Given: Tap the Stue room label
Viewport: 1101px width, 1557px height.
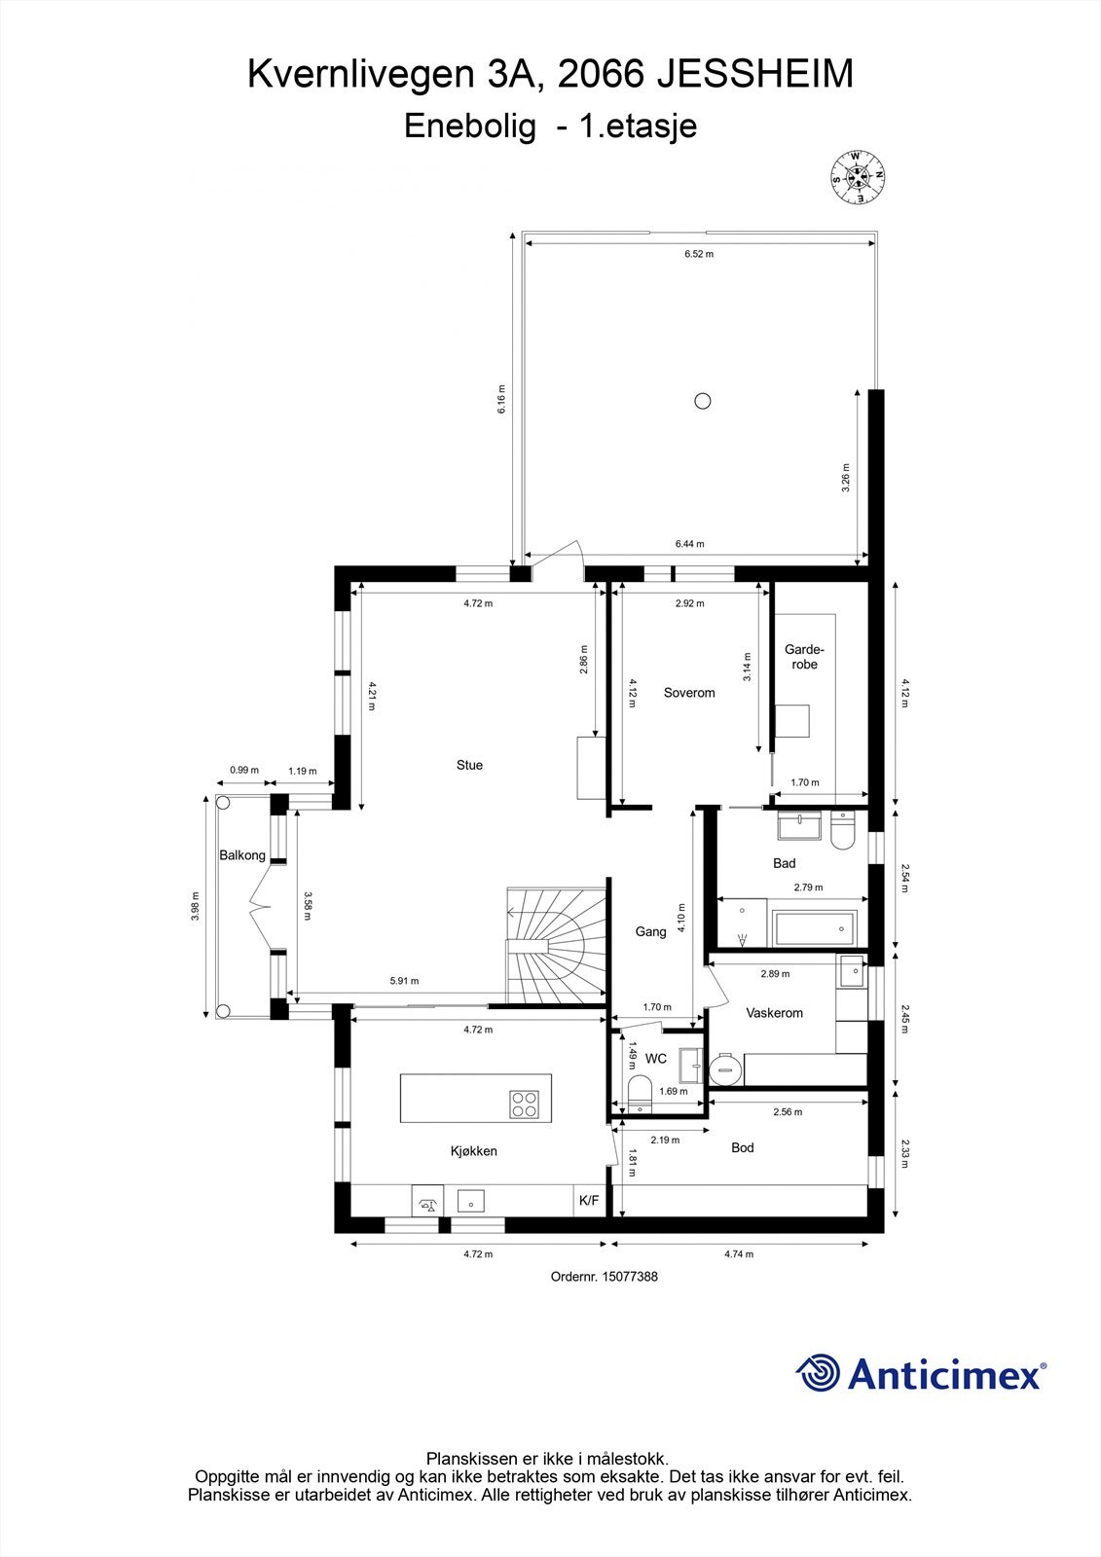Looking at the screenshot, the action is pos(469,765).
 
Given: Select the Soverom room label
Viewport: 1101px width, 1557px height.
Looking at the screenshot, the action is pos(689,692).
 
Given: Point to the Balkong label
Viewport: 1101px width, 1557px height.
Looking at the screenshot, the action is pos(242,855).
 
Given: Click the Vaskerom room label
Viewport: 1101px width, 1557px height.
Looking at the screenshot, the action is pos(775,1013).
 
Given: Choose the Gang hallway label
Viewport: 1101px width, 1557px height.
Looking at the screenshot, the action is pos(651,932).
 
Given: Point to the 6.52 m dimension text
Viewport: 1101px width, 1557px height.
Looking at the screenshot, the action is pos(699,254).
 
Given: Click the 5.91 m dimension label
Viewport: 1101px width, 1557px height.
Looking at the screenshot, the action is pos(404,981).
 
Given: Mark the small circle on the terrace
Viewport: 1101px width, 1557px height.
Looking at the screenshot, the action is pos(703,400).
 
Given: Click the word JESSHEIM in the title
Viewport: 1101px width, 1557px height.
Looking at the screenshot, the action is pos(755,75).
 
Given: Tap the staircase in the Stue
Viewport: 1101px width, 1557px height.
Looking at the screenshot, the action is pos(557,945).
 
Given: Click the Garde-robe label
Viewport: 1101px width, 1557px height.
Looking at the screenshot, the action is pos(804,657).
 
